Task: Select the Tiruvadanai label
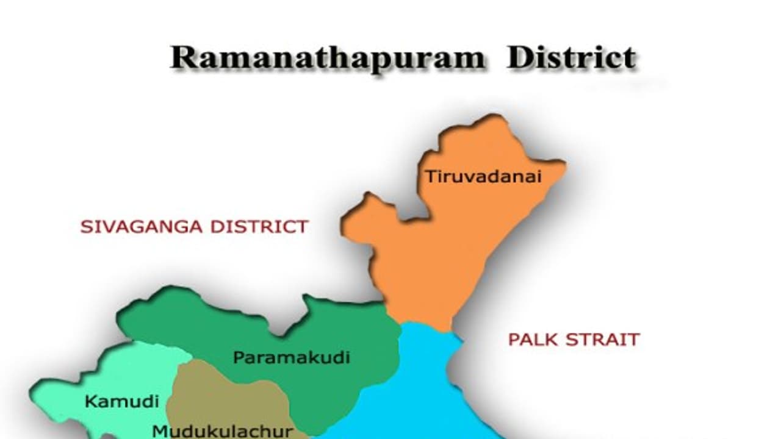[x=483, y=177]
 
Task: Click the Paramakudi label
[x=292, y=357]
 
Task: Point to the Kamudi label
[x=121, y=401]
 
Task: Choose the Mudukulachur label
[x=223, y=430]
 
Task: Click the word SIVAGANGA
[x=142, y=227]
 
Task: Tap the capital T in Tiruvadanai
[x=430, y=177]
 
